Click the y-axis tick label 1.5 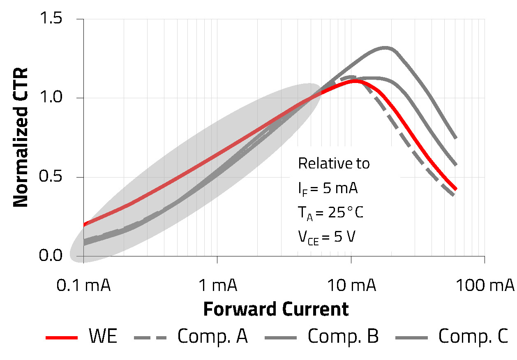point(58,19)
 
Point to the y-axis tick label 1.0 point(58,98)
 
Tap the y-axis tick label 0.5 point(58,177)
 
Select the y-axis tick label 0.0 point(58,256)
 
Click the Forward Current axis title point(276,309)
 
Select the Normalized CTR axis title point(21,138)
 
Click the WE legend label point(103,337)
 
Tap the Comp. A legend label point(212,337)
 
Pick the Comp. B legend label point(343,337)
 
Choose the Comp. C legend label point(473,337)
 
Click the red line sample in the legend point(62,338)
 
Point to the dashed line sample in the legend point(150,338)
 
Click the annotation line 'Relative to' point(334,164)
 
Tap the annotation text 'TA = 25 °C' point(330,213)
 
